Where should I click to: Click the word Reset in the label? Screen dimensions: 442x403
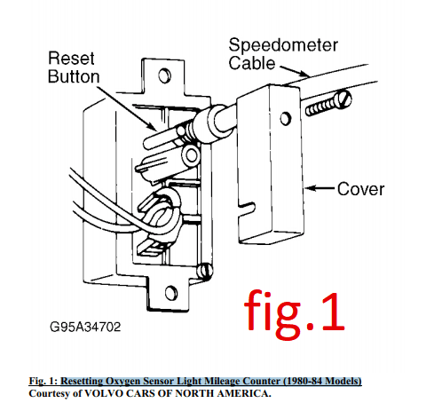point(71,59)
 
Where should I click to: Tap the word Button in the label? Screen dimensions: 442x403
point(74,76)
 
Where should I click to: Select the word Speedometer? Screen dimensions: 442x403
point(283,45)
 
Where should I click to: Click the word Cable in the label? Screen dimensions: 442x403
point(252,63)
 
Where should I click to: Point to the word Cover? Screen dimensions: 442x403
point(360,189)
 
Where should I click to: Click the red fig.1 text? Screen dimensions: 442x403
point(295,314)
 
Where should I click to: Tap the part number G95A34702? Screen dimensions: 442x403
point(85,327)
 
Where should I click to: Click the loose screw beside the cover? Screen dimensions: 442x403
point(328,103)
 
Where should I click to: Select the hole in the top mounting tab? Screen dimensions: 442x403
point(164,75)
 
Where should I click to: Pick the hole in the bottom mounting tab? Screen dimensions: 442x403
point(171,293)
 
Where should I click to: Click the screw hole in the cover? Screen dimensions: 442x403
point(286,118)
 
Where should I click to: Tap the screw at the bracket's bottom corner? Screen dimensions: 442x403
point(205,271)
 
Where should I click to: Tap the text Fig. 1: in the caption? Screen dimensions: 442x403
point(43,381)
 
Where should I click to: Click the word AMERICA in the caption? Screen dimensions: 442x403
point(242,393)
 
